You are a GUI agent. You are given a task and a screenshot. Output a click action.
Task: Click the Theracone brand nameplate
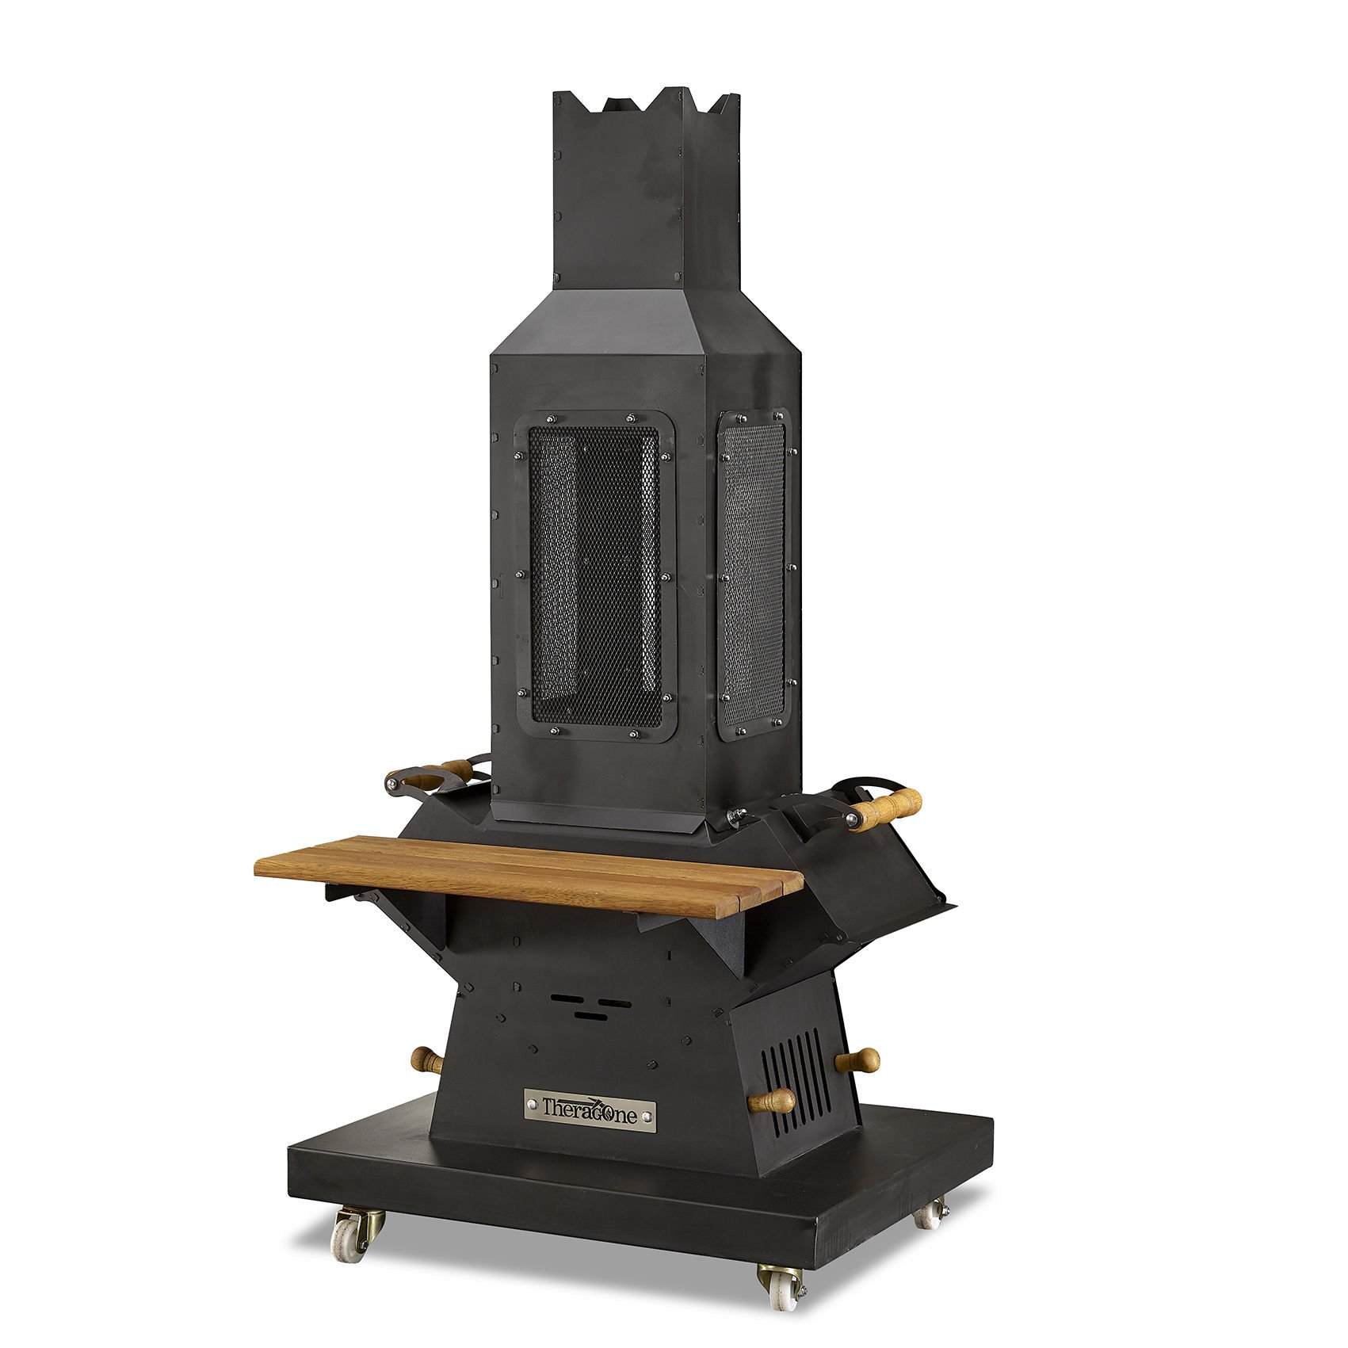(x=590, y=1109)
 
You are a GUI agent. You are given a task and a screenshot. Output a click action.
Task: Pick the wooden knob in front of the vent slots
(x=772, y=1101)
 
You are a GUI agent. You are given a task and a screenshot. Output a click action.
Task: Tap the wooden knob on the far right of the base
(x=859, y=1060)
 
